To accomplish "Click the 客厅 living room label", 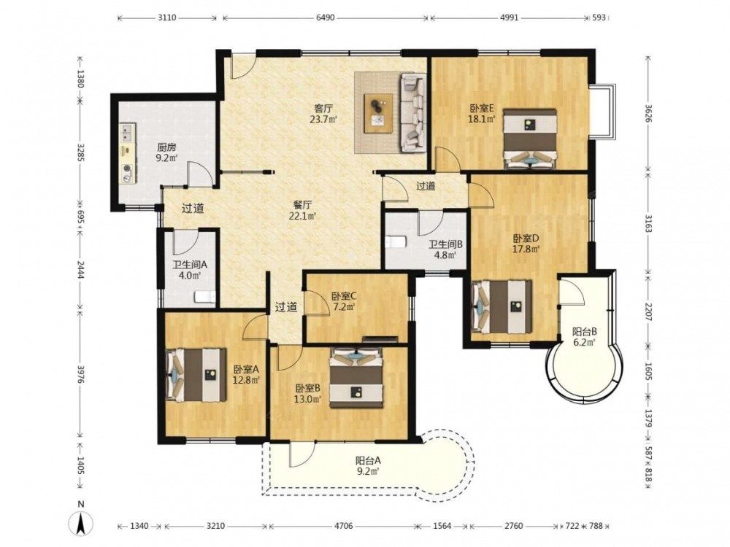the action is click(x=323, y=109).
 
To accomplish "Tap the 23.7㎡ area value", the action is click(x=323, y=119).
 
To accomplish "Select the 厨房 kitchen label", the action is click(x=166, y=148).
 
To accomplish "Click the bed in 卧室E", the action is click(x=530, y=139).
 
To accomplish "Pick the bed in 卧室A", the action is click(x=196, y=375).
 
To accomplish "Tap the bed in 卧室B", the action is click(x=357, y=378).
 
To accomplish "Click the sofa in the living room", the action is click(x=413, y=112).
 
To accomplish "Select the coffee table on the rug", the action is click(x=378, y=114).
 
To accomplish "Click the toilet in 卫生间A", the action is click(x=205, y=297).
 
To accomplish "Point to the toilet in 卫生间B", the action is click(x=396, y=242).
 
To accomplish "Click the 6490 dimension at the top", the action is click(x=326, y=18).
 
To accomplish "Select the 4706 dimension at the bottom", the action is click(x=344, y=526).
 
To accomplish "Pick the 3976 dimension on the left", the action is click(x=81, y=374).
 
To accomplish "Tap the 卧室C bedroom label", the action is click(x=344, y=296).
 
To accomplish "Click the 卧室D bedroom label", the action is click(x=526, y=238).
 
